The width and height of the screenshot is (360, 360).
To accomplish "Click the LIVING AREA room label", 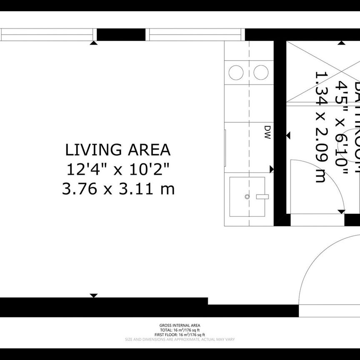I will coord(117,149).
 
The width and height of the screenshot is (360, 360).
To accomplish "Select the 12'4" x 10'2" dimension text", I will coord(118,169).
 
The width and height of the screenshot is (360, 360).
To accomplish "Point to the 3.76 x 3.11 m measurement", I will coord(118,189).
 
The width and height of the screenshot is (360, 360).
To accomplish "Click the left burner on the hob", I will coord(236,72).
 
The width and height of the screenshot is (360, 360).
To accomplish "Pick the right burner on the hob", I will coord(261,72).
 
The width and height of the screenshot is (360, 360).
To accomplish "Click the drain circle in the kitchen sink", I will coord(247,196).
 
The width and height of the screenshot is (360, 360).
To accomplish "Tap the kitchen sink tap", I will coord(262,196).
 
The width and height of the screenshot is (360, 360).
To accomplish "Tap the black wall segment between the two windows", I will coord(121,35).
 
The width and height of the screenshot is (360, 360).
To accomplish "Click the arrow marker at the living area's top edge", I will coord(94,42).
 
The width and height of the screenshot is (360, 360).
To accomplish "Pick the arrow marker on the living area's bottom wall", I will coord(94,295).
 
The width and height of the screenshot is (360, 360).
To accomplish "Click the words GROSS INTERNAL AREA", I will coord(180,325).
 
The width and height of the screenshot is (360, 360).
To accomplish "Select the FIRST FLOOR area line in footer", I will coord(180,335).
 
